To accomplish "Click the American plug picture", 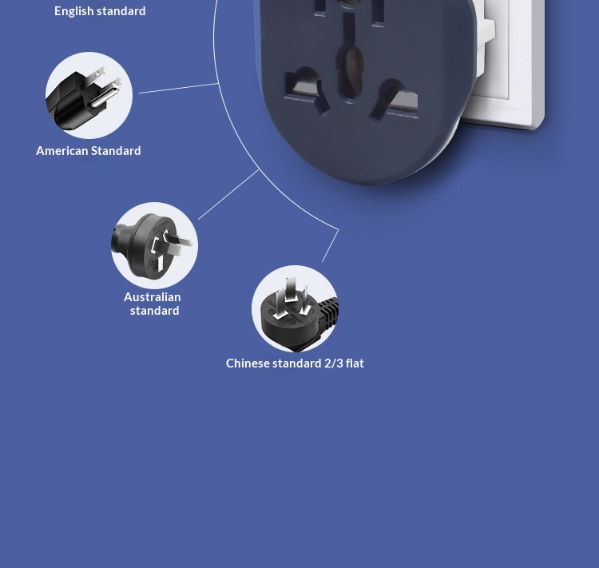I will (x=89, y=96).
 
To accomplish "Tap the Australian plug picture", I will (x=154, y=245).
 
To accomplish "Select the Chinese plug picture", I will (x=295, y=309).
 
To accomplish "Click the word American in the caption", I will (x=61, y=150).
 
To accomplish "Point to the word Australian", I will (x=153, y=296).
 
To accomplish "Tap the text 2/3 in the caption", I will (x=333, y=363).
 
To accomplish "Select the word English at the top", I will (x=74, y=10).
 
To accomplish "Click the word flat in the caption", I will (x=355, y=363).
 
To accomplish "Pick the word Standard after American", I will (x=117, y=150).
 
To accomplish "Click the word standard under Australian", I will (x=155, y=310).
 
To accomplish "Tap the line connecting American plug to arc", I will (x=179, y=88).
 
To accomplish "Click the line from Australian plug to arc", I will (x=228, y=194).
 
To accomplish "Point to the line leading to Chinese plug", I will (x=330, y=245).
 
